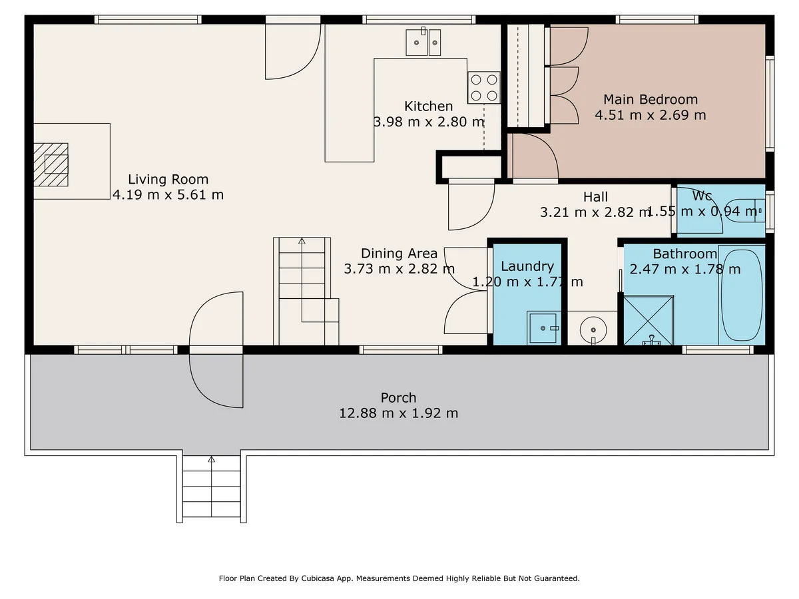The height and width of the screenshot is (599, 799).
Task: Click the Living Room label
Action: [168, 179]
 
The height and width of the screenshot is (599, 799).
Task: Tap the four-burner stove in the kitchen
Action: [484, 88]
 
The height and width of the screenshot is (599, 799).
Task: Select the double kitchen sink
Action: [423, 42]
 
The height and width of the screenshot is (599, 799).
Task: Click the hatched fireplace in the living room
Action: [51, 164]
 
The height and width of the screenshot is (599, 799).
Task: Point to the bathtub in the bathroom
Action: [742, 295]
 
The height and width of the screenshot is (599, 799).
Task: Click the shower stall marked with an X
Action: [649, 320]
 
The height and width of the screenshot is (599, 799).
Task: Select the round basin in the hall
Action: [593, 330]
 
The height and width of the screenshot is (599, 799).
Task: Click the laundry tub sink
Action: [543, 328]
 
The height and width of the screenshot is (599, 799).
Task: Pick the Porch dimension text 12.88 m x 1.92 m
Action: [399, 413]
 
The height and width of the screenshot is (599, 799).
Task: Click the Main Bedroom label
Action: [651, 99]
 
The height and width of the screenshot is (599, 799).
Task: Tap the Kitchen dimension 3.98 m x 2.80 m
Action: [429, 122]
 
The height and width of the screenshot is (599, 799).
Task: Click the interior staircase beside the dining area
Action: [306, 291]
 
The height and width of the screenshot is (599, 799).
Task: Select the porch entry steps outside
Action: [211, 487]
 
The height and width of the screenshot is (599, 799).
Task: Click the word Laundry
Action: [527, 267]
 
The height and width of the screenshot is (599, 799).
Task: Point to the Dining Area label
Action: [399, 253]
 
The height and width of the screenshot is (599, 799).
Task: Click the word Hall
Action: [595, 197]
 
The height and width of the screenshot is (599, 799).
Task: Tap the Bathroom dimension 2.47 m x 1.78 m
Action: [685, 269]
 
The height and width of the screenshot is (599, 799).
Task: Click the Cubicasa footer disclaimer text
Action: [400, 578]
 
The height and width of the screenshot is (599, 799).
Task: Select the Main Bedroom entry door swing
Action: [535, 156]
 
